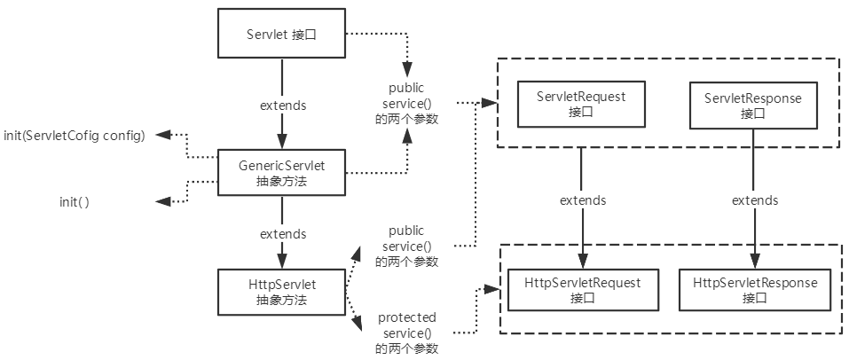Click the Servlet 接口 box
coord(281,35)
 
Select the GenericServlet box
coord(281,171)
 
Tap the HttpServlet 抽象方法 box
coord(281,292)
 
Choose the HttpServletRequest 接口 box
coord(582,289)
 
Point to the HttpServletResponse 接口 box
coord(754,289)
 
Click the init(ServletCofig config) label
coord(74,135)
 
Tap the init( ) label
coord(74,202)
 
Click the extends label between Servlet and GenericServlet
coord(282,105)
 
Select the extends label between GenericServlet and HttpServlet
coord(282,234)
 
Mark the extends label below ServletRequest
coord(582,200)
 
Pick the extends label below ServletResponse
coord(754,200)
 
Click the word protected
coord(406,317)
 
